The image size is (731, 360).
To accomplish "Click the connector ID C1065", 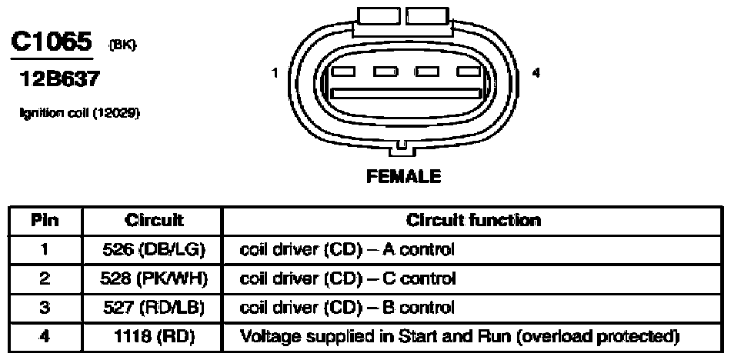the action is pyautogui.click(x=51, y=43).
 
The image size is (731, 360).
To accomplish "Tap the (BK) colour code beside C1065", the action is pyautogui.click(x=123, y=45).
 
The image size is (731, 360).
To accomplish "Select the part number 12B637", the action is pyautogui.click(x=59, y=80).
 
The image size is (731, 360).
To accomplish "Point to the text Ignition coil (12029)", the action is pyautogui.click(x=80, y=112).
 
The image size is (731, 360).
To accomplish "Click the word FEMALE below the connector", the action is pyautogui.click(x=404, y=176).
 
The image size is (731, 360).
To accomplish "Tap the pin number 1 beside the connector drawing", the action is pyautogui.click(x=275, y=73).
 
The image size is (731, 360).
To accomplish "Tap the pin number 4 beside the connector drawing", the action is pyautogui.click(x=536, y=73).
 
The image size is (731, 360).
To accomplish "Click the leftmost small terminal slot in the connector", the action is pyautogui.click(x=342, y=72).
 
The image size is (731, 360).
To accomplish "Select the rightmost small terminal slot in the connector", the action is pyautogui.click(x=469, y=72).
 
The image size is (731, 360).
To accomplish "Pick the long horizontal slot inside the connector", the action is pyautogui.click(x=406, y=93).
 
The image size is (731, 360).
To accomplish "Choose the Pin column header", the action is pyautogui.click(x=45, y=220).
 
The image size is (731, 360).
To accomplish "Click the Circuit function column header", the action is pyautogui.click(x=474, y=220).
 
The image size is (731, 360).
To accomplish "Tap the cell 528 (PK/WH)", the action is pyautogui.click(x=154, y=279).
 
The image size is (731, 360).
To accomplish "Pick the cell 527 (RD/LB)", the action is pyautogui.click(x=154, y=308).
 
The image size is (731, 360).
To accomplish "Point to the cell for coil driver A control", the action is pyautogui.click(x=346, y=250).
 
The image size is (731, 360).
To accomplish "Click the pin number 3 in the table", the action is pyautogui.click(x=45, y=308).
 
